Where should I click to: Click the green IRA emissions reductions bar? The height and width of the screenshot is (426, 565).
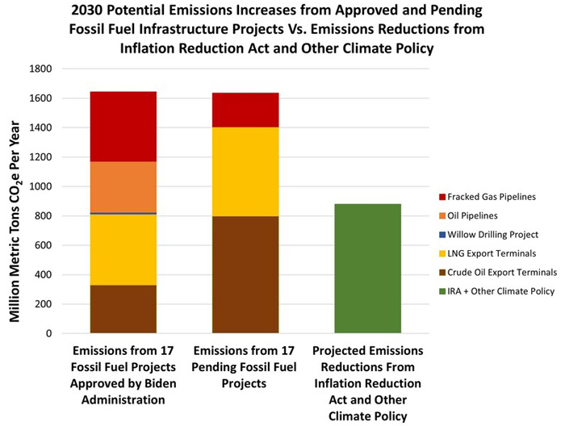pos(367,269)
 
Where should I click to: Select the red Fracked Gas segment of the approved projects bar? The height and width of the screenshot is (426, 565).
pos(123,127)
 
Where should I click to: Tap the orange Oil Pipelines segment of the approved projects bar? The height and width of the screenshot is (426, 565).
pos(123,187)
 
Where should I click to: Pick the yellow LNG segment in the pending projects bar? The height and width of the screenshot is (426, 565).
pos(245,172)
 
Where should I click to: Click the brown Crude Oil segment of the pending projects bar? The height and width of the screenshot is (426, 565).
pos(245,274)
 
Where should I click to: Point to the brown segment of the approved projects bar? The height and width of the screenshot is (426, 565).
pos(123,309)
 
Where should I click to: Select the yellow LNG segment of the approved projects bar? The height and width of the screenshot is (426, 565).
pos(123,250)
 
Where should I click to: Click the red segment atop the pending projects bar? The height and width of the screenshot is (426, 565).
pos(245,111)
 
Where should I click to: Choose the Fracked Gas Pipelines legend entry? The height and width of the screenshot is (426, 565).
pos(488,197)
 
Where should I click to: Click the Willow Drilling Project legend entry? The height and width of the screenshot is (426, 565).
pos(488,235)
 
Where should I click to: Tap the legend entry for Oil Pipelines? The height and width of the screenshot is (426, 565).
pos(468,215)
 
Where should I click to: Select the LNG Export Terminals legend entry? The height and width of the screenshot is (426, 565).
pos(488,253)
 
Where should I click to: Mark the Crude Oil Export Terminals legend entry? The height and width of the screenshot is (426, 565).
pos(498,272)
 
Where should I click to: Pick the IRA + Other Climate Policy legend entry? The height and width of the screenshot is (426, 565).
pos(497,291)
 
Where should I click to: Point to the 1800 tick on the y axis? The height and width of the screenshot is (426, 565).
pos(40,69)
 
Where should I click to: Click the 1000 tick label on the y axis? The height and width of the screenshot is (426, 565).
pos(40,186)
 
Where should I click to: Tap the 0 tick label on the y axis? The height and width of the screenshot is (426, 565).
pos(48,333)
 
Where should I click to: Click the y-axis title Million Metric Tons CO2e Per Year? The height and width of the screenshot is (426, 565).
pos(15,221)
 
